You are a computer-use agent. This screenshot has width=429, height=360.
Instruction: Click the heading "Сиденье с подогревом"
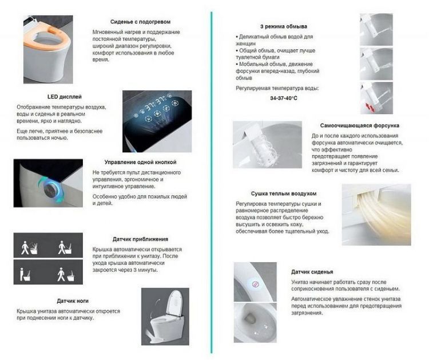pyautogui.click(x=140, y=22)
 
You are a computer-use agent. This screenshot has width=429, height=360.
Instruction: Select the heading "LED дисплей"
pyautogui.click(x=64, y=97)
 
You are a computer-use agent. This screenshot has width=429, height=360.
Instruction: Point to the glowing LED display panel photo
pyautogui.click(x=157, y=121)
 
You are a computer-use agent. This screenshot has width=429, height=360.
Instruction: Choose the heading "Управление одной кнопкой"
pyautogui.click(x=140, y=163)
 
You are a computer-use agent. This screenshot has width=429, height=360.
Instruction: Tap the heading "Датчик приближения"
pyautogui.click(x=140, y=239)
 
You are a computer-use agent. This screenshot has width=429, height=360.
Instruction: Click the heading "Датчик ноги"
pyautogui.click(x=73, y=301)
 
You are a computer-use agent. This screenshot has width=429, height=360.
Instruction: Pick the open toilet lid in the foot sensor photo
pyautogui.click(x=174, y=303)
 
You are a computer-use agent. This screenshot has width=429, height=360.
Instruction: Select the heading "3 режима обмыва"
pyautogui.click(x=284, y=26)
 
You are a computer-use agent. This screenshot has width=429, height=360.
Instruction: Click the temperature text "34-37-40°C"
pyautogui.click(x=284, y=98)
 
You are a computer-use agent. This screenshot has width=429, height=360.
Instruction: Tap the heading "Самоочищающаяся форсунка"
pyautogui.click(x=360, y=126)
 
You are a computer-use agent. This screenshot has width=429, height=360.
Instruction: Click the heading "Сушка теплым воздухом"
pyautogui.click(x=284, y=193)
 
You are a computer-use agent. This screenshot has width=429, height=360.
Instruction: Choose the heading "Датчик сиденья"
pyautogui.click(x=312, y=272)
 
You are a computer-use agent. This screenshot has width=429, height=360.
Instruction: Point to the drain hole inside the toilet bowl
pyautogui.click(x=249, y=318)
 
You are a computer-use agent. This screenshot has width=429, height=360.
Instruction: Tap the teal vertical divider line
pyautogui.click(x=211, y=183)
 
